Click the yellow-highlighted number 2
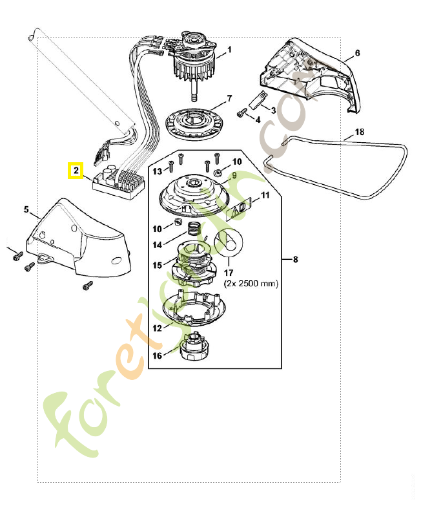pos(76,171)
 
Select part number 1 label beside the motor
pos(229,49)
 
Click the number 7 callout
pos(229,99)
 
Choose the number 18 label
pos(360,132)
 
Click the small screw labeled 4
pos(241,114)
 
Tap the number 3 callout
pos(273,111)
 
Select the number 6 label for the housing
pos(357,52)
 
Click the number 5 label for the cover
pos(26,210)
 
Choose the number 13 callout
pos(157,171)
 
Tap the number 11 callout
pos(265,195)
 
